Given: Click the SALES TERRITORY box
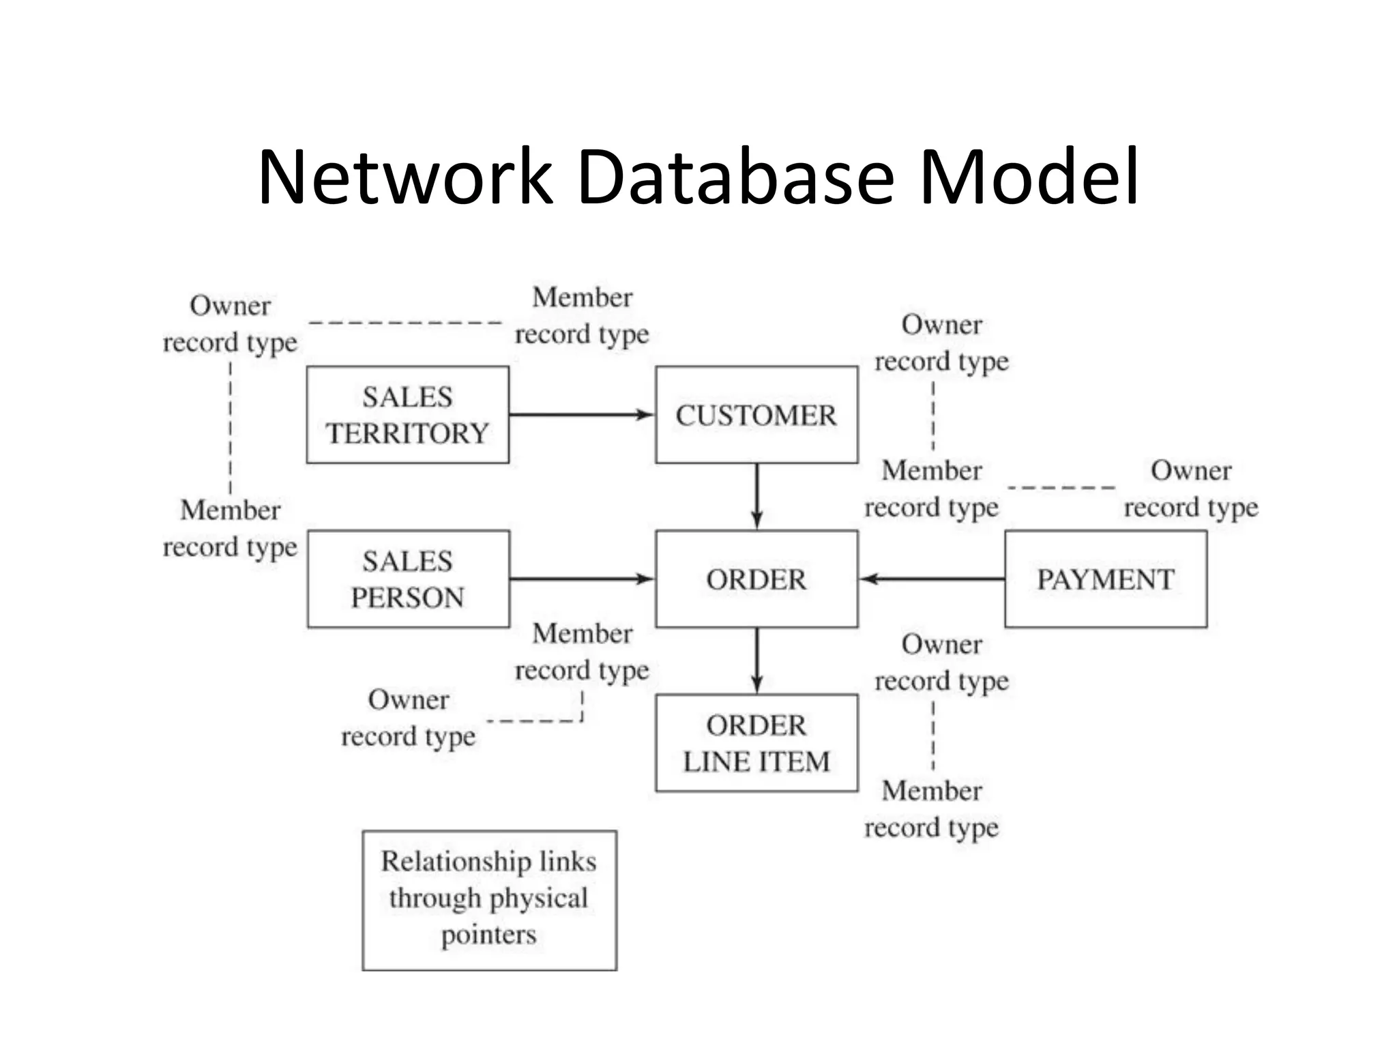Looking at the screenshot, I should click(x=407, y=415).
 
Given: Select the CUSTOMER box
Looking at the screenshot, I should click(x=756, y=415).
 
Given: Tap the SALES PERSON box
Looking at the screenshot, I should click(x=408, y=579).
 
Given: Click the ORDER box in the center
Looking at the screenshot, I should click(x=756, y=579).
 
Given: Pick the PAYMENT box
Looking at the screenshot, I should click(x=1105, y=579).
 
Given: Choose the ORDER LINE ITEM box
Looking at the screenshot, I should click(x=756, y=743).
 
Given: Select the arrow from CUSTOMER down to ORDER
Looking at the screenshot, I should click(x=756, y=496).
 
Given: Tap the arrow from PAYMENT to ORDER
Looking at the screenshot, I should click(x=932, y=579).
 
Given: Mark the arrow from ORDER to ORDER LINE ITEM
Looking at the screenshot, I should click(x=756, y=660).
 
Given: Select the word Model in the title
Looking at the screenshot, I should click(x=1029, y=177).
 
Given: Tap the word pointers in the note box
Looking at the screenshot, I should click(x=488, y=935).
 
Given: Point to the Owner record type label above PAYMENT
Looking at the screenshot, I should click(x=1190, y=489).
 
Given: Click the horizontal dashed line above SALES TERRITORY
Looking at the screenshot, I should click(x=405, y=323).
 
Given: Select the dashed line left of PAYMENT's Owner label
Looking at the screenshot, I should click(x=1061, y=488).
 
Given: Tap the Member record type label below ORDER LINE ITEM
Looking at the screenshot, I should click(x=931, y=809).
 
